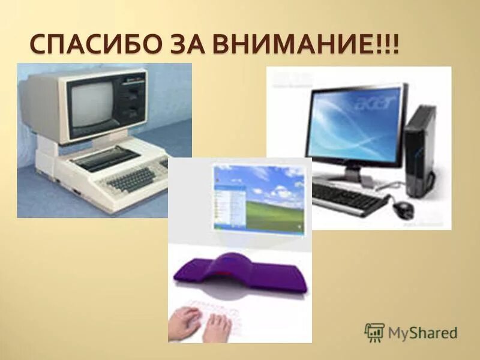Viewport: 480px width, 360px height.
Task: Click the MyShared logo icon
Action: click(374, 332)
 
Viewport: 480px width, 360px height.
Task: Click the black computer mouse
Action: click(404, 209)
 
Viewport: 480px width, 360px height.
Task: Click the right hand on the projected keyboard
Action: click(217, 326)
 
